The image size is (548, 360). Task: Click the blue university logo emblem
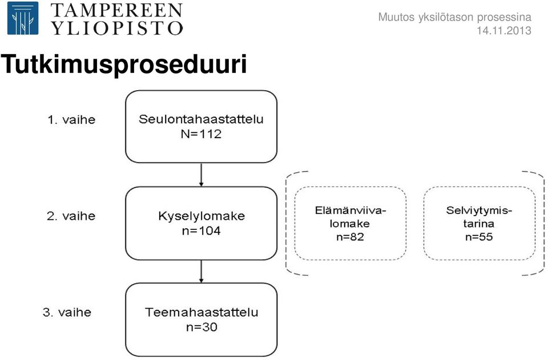(x=23, y=18)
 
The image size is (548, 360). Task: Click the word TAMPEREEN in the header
(x=116, y=10)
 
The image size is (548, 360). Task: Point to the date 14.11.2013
(x=504, y=30)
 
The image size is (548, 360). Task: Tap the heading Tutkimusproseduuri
(x=124, y=64)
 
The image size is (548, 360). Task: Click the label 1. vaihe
(x=71, y=120)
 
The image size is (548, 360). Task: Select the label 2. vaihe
(x=71, y=216)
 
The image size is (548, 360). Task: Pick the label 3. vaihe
(x=67, y=312)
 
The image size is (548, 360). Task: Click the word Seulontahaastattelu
(x=201, y=119)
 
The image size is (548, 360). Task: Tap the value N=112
(x=201, y=134)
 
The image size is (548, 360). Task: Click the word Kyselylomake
(x=202, y=216)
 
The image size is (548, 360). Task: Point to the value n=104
(x=202, y=230)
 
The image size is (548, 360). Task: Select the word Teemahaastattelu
(x=202, y=312)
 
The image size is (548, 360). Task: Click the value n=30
(x=202, y=327)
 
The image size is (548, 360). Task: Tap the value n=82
(x=350, y=237)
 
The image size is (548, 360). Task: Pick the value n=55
(x=479, y=237)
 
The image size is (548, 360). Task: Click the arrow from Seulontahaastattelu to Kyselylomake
(x=201, y=175)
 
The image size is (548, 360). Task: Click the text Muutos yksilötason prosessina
(x=455, y=17)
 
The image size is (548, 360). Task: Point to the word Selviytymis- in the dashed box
(x=479, y=211)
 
